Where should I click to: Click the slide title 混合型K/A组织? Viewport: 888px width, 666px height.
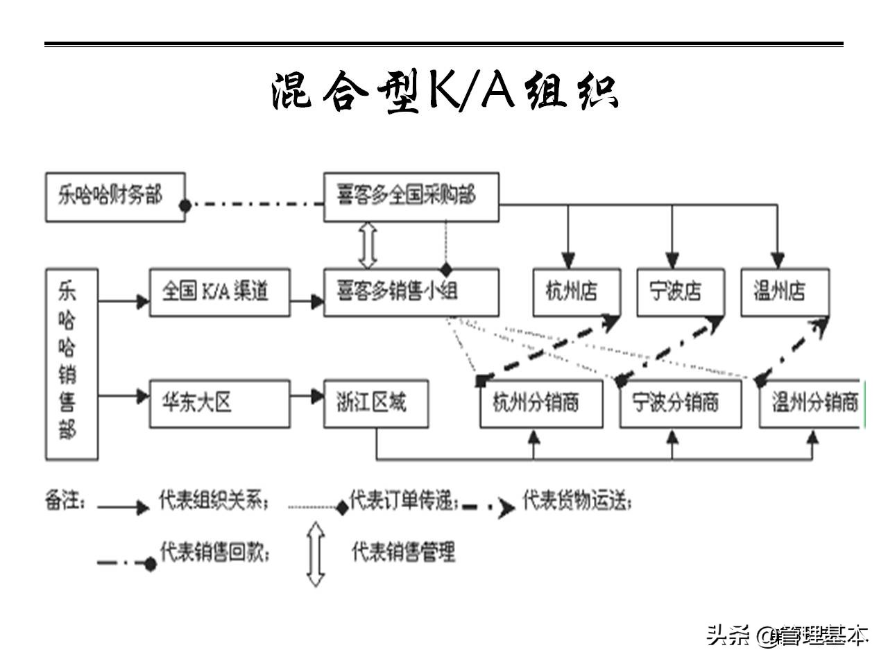[x=443, y=92]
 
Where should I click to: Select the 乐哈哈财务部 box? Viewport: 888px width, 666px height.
[x=115, y=197]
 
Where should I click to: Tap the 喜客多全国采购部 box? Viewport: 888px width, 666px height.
[x=411, y=197]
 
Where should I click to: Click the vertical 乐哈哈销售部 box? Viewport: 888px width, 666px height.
[x=71, y=364]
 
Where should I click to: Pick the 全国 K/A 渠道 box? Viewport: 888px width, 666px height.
[x=219, y=292]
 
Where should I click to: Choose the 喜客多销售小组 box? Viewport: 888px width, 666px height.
[x=411, y=292]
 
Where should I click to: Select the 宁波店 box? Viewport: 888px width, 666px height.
[x=680, y=292]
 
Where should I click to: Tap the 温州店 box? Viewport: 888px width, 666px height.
[x=784, y=292]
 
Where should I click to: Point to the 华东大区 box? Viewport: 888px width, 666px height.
[x=219, y=403]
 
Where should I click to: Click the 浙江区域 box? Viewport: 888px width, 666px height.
[x=376, y=403]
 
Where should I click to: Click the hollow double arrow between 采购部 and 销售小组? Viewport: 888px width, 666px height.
[x=368, y=245]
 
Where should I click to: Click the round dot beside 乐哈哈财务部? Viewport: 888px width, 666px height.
[x=185, y=205]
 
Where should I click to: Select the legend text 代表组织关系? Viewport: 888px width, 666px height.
[x=212, y=500]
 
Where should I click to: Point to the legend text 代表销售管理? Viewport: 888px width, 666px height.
[x=403, y=553]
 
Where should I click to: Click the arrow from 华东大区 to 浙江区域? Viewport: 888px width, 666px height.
[x=307, y=397]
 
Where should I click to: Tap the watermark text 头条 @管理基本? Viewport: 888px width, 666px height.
[x=787, y=634]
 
